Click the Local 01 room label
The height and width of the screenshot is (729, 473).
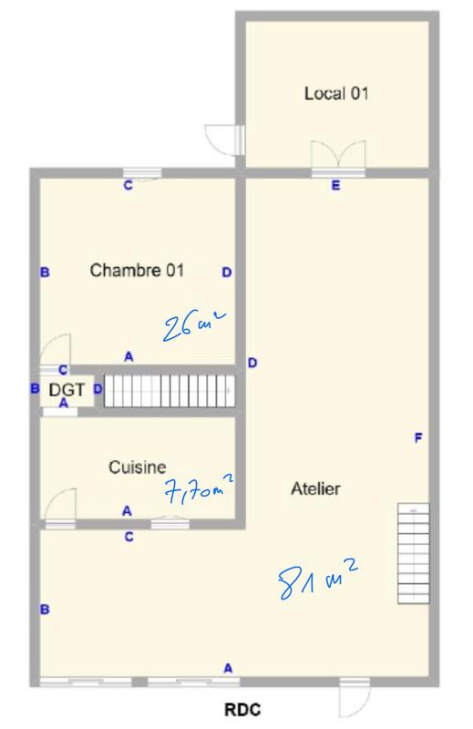tap(336, 93)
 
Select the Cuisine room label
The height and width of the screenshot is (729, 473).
tap(138, 467)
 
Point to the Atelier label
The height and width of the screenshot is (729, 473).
tap(315, 489)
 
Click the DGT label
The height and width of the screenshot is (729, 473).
tap(67, 390)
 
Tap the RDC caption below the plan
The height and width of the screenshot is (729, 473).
tap(243, 710)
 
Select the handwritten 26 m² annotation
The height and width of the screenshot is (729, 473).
tap(192, 325)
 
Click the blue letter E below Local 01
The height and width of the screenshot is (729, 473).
tap(335, 187)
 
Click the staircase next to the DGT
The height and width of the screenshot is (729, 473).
tap(169, 390)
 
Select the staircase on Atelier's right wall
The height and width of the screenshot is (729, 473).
tap(414, 553)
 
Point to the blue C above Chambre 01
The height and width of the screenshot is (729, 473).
tap(128, 186)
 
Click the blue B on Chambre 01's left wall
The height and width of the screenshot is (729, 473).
tap(44, 272)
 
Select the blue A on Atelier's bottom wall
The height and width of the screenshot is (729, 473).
tap(228, 669)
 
